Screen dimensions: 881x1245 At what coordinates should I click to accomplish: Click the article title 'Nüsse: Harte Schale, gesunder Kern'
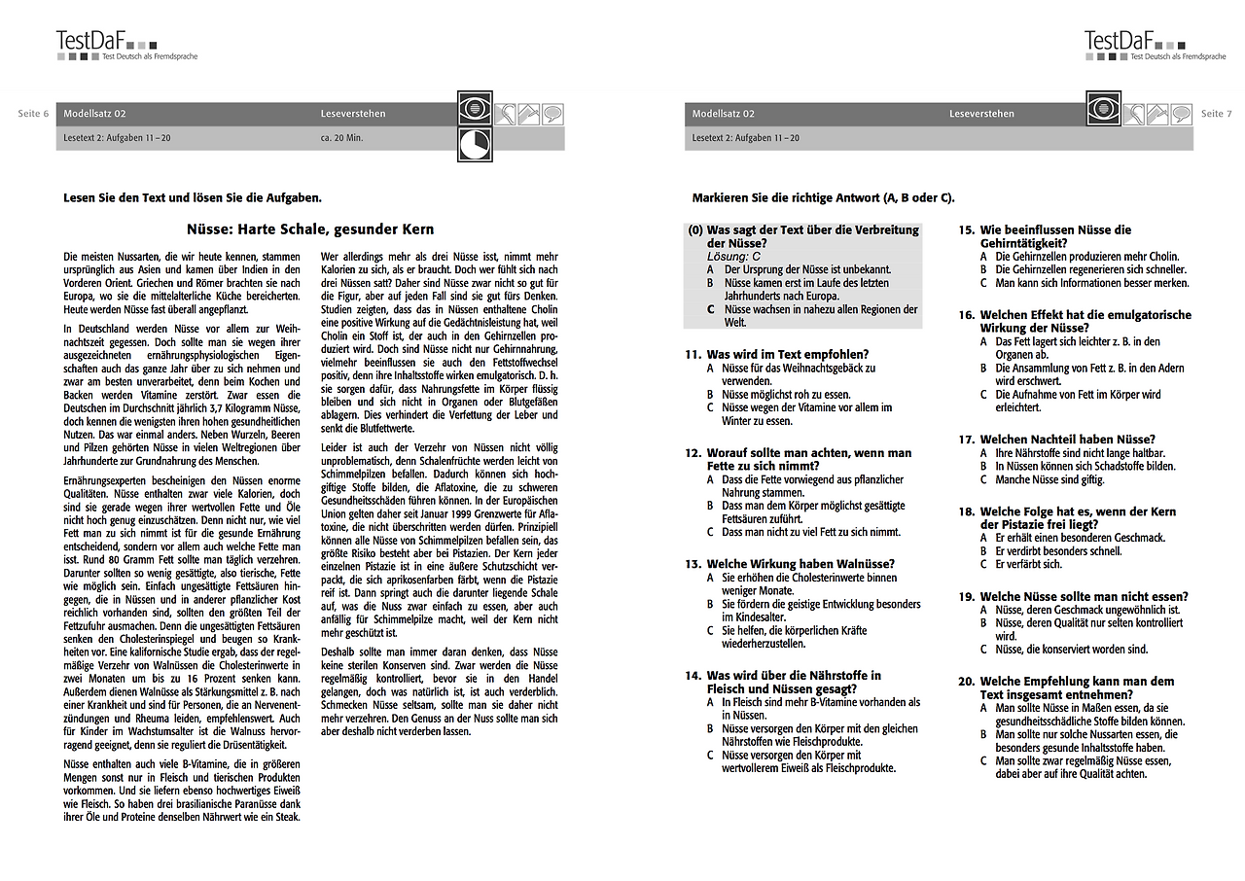click(310, 229)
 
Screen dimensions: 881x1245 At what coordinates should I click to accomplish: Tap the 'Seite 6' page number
click(33, 114)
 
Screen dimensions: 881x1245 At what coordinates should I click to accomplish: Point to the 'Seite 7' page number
click(1216, 114)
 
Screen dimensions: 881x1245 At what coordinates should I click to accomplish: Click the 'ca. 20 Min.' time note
click(341, 138)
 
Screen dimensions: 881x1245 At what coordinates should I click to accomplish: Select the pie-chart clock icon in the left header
click(475, 144)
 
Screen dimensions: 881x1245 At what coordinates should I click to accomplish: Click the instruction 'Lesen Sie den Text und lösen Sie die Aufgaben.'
click(192, 197)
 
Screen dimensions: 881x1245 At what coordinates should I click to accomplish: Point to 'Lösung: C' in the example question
click(734, 256)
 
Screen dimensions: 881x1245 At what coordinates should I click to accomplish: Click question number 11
click(693, 355)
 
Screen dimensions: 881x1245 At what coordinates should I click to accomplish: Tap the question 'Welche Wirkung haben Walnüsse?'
click(800, 564)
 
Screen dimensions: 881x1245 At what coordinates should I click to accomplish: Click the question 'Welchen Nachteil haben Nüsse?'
click(1067, 440)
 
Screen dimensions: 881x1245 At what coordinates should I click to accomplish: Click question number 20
click(966, 682)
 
